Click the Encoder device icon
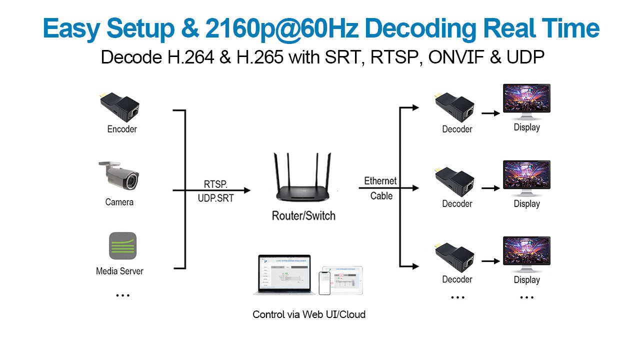coord(120,106)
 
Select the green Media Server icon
coord(122,245)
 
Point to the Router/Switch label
coord(303,216)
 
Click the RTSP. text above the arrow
coord(215,183)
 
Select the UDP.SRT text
coord(215,198)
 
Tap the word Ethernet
coord(380,181)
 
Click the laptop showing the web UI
coord(284,275)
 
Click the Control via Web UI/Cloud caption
coord(309,314)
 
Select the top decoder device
coord(454,107)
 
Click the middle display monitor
coord(526,178)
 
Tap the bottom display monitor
coord(526,254)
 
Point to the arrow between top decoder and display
coord(490,113)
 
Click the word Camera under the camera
coord(119,202)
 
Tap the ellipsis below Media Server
coord(122,295)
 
